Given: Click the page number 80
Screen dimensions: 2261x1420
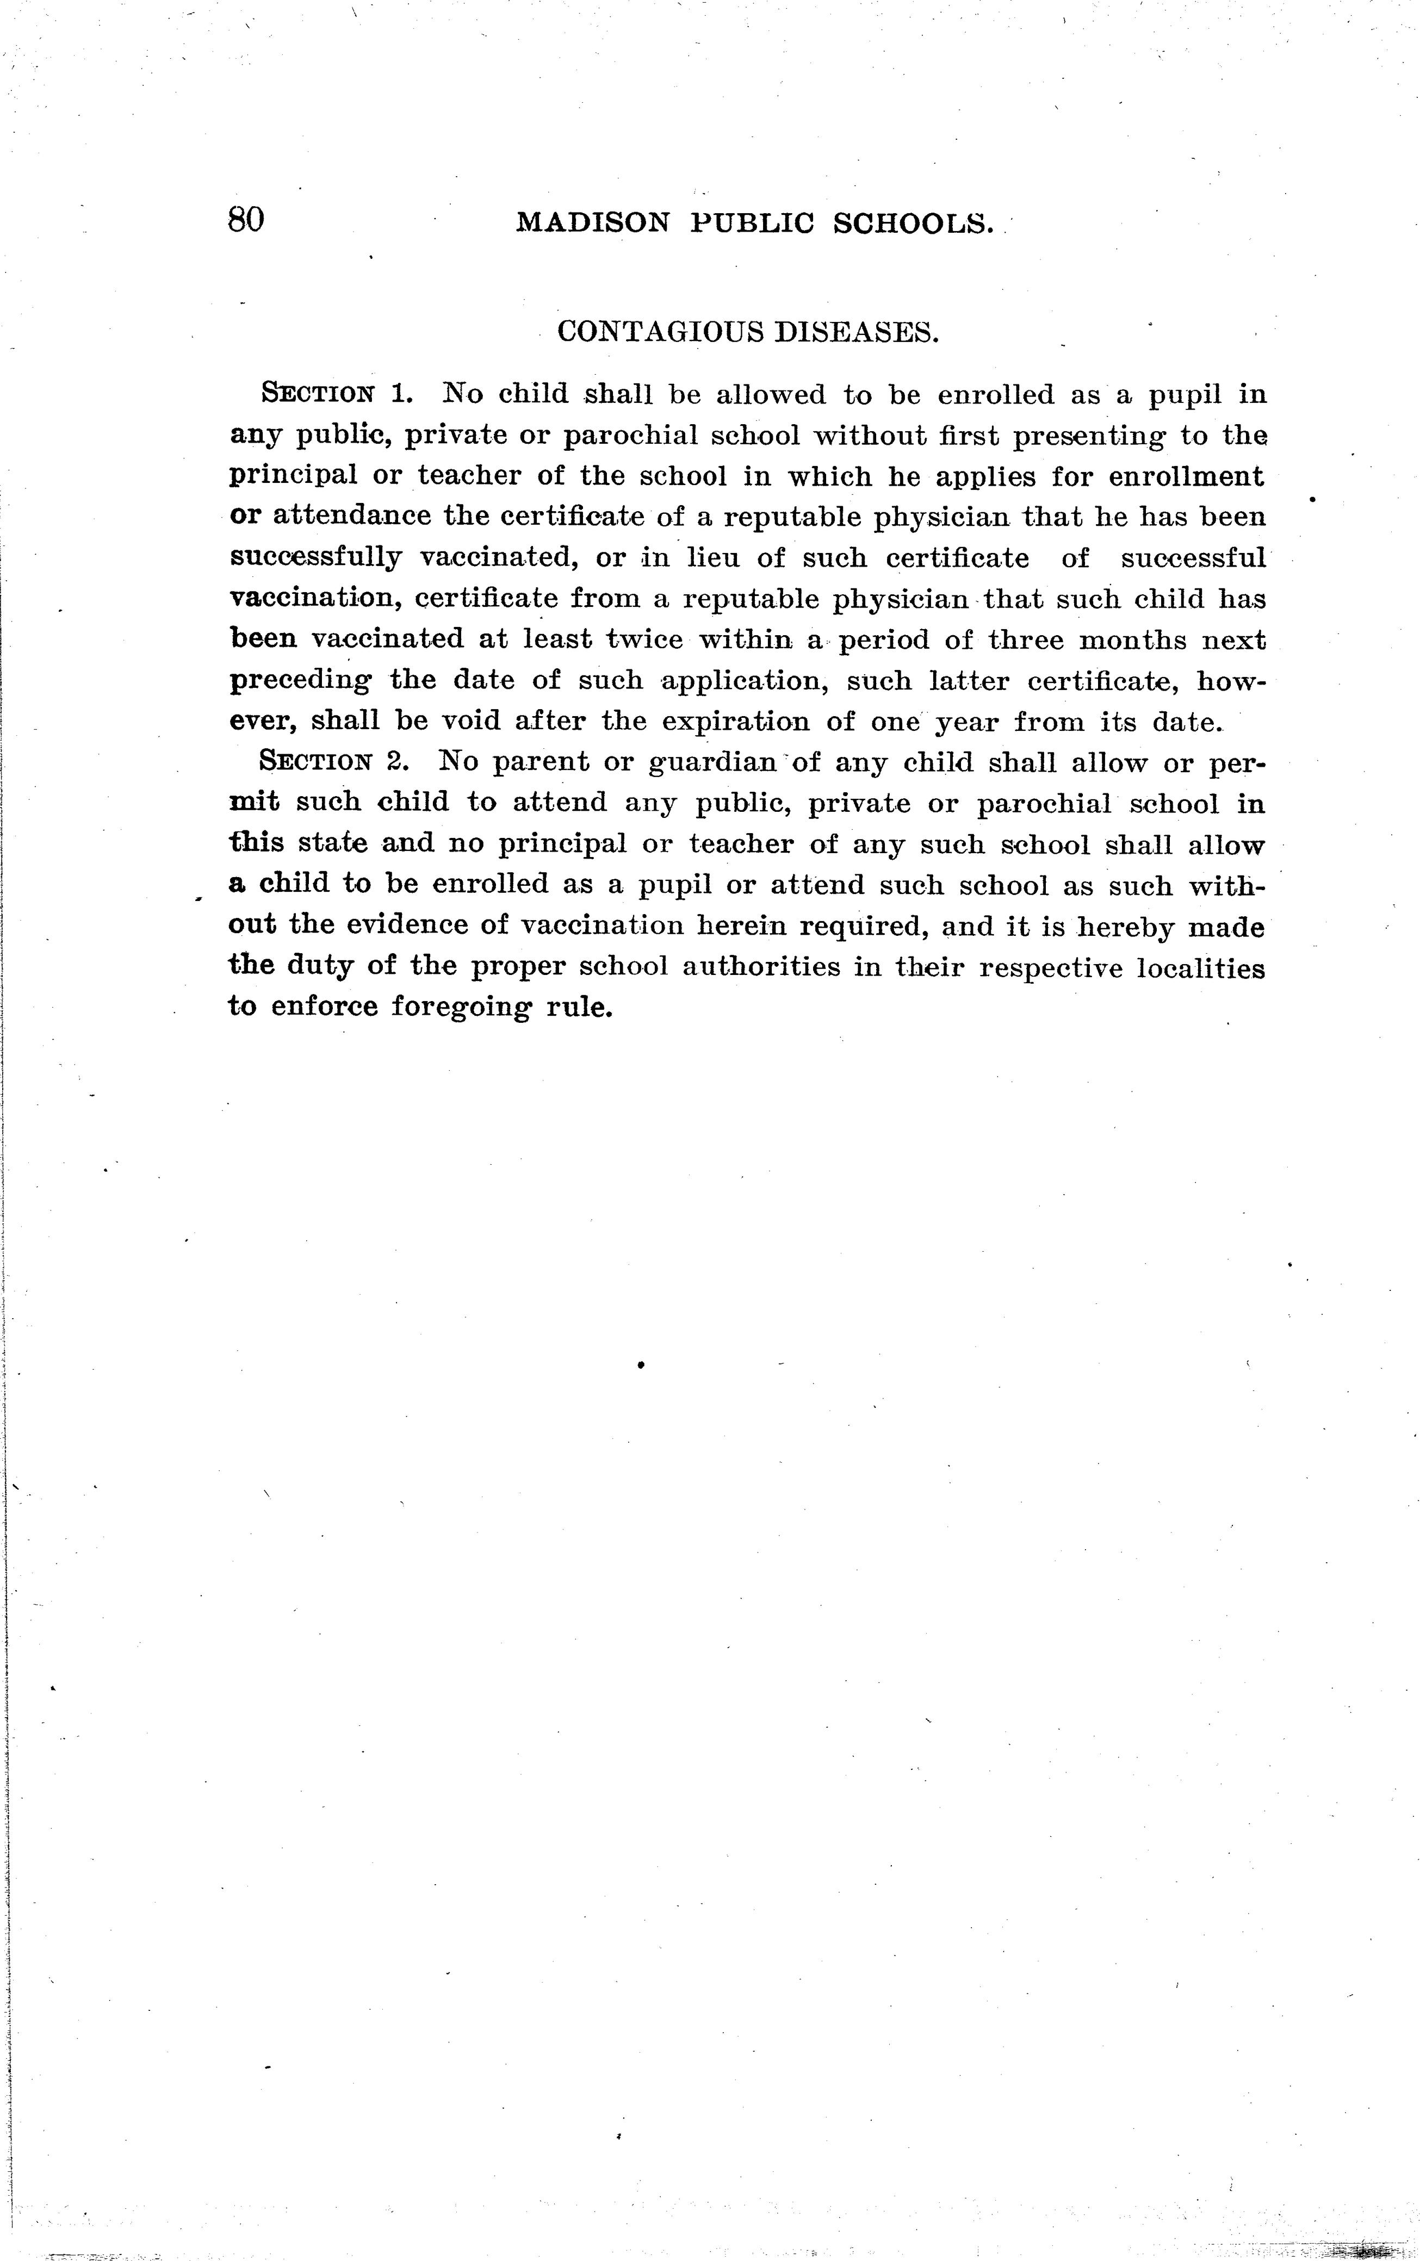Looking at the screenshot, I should coord(246,220).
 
